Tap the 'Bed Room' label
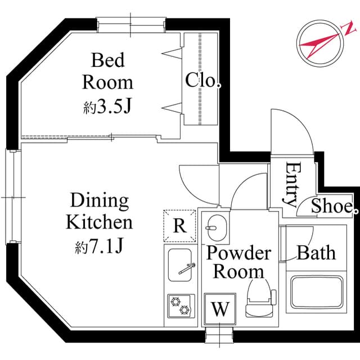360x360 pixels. pyautogui.click(x=107, y=71)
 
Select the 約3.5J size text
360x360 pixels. pyautogui.click(x=107, y=106)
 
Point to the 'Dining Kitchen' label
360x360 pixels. pyautogui.click(x=99, y=211)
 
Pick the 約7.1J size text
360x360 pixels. pyautogui.click(x=99, y=246)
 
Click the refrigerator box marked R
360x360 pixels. pyautogui.click(x=179, y=225)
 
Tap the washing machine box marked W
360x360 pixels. pyautogui.click(x=220, y=309)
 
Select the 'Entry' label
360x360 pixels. pyautogui.click(x=291, y=184)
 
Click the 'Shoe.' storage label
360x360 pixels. pyautogui.click(x=332, y=206)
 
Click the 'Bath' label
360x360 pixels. pyautogui.click(x=316, y=253)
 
